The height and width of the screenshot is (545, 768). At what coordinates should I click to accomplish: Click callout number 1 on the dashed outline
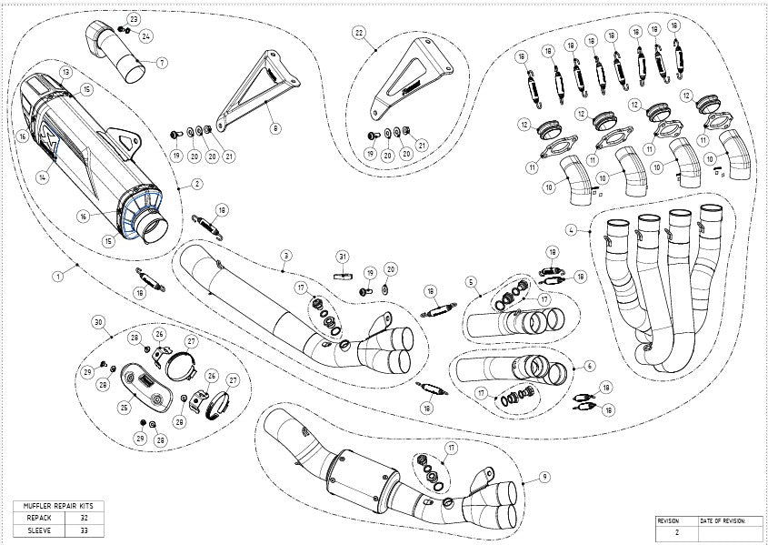click(57, 274)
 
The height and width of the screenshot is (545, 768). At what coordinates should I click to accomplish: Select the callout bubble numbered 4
click(570, 228)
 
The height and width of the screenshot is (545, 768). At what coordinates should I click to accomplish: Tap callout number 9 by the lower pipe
click(543, 475)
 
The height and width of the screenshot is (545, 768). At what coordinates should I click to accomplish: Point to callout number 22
click(360, 34)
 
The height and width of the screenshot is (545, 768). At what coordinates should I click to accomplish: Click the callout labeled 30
click(98, 321)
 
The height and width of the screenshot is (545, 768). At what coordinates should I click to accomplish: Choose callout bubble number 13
click(66, 71)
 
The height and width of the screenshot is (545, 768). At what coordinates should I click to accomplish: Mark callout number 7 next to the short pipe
click(162, 63)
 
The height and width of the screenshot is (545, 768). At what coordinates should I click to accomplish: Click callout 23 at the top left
click(134, 19)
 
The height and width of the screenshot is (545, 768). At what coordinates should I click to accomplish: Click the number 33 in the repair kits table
click(84, 529)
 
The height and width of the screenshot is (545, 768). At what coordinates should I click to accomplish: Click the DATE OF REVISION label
click(723, 520)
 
